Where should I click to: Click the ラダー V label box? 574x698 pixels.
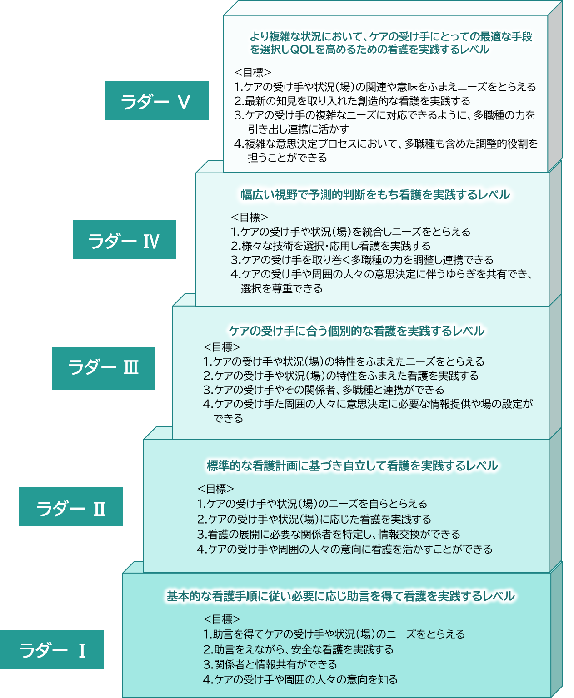(x=157, y=100)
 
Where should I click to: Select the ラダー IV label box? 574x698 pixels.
(x=124, y=240)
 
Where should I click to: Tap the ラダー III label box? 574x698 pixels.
(x=103, y=368)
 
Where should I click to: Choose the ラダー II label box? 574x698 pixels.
(x=71, y=506)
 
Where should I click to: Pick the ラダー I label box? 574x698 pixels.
(x=52, y=649)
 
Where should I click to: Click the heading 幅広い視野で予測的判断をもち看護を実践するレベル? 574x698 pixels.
(x=375, y=195)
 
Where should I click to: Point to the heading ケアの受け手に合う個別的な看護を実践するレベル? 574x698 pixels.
(x=357, y=331)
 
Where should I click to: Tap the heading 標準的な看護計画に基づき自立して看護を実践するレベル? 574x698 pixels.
(x=352, y=465)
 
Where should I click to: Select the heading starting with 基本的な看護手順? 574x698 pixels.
(x=340, y=596)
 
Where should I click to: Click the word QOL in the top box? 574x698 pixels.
(x=302, y=50)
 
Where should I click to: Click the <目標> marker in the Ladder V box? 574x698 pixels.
(x=253, y=72)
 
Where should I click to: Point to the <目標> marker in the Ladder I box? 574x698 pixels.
(x=222, y=619)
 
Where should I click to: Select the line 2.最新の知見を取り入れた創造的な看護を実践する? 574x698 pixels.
(x=352, y=101)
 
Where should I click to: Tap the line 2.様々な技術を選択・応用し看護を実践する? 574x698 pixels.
(x=330, y=246)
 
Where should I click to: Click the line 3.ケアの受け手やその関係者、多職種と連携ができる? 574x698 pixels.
(x=324, y=390)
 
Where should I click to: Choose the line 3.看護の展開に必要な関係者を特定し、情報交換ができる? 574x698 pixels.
(x=329, y=534)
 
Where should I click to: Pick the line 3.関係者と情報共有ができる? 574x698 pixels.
(x=270, y=664)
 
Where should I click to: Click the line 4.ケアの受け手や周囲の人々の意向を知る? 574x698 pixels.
(x=300, y=679)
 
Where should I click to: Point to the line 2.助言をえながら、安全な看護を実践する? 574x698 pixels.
(x=298, y=649)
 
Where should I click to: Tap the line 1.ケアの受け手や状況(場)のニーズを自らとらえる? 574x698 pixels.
(x=312, y=503)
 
